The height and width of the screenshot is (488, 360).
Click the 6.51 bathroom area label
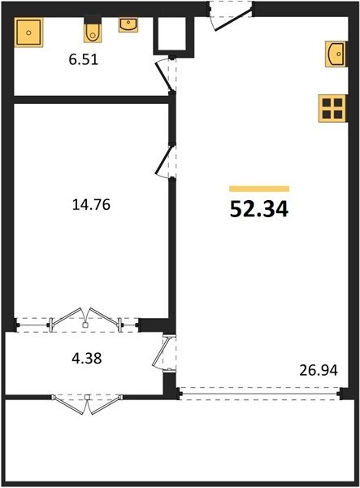click(84, 59)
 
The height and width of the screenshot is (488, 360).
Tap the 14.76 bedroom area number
click(91, 205)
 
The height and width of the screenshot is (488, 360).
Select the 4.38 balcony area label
click(87, 358)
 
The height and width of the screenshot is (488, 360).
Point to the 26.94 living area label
click(319, 370)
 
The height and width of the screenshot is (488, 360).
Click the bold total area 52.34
click(259, 209)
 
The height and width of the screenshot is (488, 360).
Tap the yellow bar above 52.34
click(259, 189)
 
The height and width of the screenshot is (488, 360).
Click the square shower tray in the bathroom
click(28, 32)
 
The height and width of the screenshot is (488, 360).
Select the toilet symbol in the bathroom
click(93, 30)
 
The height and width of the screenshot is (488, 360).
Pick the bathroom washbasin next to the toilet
click(128, 25)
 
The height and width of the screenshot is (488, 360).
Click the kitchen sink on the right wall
click(336, 54)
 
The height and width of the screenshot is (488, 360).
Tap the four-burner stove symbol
click(332, 108)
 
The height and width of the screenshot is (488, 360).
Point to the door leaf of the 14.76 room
click(163, 160)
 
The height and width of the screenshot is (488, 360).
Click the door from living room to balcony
click(162, 352)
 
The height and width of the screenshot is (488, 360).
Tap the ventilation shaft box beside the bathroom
click(173, 37)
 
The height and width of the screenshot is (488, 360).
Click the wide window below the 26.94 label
click(259, 394)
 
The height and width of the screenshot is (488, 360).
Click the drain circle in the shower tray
click(28, 33)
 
